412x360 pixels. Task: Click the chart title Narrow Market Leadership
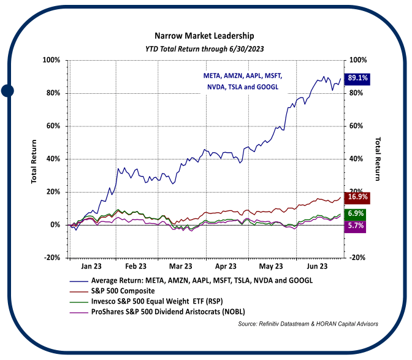[205, 36]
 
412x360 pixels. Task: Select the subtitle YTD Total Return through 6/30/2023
[205, 48]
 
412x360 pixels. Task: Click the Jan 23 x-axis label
[91, 267]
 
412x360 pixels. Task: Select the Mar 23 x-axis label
[181, 267]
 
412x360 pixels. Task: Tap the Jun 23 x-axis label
[316, 267]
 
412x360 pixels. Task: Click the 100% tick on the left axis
[51, 60]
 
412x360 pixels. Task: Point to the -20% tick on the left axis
[51, 258]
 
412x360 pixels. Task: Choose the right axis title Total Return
[378, 159]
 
